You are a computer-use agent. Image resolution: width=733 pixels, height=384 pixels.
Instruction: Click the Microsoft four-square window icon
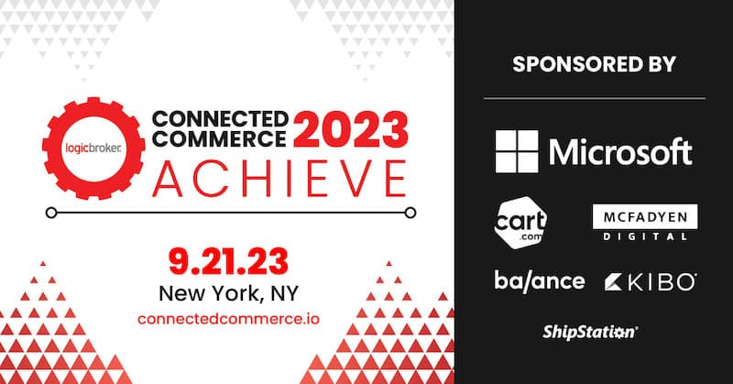(x=517, y=151)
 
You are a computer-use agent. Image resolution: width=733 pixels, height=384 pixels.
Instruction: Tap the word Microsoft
(x=620, y=151)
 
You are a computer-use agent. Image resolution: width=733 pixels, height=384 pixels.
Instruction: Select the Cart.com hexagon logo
(x=520, y=222)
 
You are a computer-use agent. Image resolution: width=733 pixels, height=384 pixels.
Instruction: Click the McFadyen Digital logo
(x=645, y=222)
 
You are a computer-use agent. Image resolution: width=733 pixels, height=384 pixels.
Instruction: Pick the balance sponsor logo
(x=540, y=280)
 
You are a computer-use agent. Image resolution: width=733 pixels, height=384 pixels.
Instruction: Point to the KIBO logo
(x=651, y=281)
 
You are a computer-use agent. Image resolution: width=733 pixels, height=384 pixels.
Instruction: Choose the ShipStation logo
(x=590, y=332)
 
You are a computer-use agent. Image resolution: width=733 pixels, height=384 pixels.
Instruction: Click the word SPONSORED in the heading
(x=577, y=64)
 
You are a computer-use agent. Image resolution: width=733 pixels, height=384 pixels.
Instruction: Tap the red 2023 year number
(x=351, y=129)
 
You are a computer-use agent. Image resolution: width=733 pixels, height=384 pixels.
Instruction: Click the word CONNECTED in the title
(x=220, y=119)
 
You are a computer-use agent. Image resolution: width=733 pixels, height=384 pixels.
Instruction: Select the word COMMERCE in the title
(x=219, y=138)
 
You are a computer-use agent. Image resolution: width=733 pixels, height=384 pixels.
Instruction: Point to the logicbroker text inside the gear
(x=93, y=148)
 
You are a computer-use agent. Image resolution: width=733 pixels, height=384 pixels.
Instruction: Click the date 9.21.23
(x=228, y=261)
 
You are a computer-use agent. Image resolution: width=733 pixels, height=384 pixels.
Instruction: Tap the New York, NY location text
(x=228, y=294)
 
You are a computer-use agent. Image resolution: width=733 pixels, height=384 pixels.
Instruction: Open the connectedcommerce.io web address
(x=228, y=319)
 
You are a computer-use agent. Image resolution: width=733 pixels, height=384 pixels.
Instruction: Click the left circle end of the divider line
(x=51, y=213)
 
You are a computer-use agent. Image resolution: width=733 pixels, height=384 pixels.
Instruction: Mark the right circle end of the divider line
(x=410, y=213)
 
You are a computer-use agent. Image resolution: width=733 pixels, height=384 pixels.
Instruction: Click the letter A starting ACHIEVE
(x=168, y=178)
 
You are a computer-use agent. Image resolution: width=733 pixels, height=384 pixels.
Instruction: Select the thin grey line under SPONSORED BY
(x=595, y=99)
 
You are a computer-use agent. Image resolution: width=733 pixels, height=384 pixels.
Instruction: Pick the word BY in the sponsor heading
(x=661, y=64)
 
